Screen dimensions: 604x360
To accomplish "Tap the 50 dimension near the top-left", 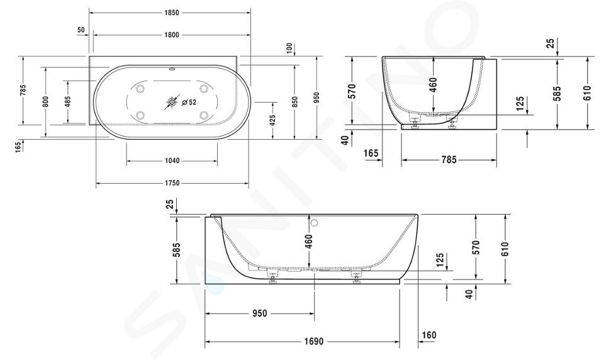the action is coord(81,30).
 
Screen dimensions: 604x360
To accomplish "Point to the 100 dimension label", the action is coord(289,49).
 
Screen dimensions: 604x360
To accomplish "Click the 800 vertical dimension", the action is coord(45,102).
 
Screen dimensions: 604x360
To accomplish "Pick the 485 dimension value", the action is coord(68,102).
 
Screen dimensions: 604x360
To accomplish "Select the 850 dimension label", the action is coord(295,102).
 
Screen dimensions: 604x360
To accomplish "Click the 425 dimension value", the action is coord(272,121).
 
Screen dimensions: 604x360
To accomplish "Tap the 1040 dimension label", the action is coord(172,160).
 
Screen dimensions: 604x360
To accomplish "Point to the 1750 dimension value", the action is coord(172,183).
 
